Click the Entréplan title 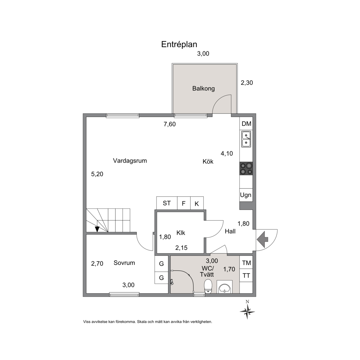[179, 44]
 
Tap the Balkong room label [203, 88]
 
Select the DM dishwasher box [246, 124]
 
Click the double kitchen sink [246, 139]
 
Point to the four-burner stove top [246, 168]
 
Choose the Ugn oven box [246, 195]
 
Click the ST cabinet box [167, 203]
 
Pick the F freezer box [184, 203]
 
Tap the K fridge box [197, 203]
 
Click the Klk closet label [181, 233]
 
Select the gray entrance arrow [262, 239]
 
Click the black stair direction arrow [97, 229]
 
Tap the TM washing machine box [246, 262]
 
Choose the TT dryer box [246, 275]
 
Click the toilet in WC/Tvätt [208, 286]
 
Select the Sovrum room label [124, 263]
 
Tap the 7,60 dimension [169, 124]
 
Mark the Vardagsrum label [130, 161]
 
